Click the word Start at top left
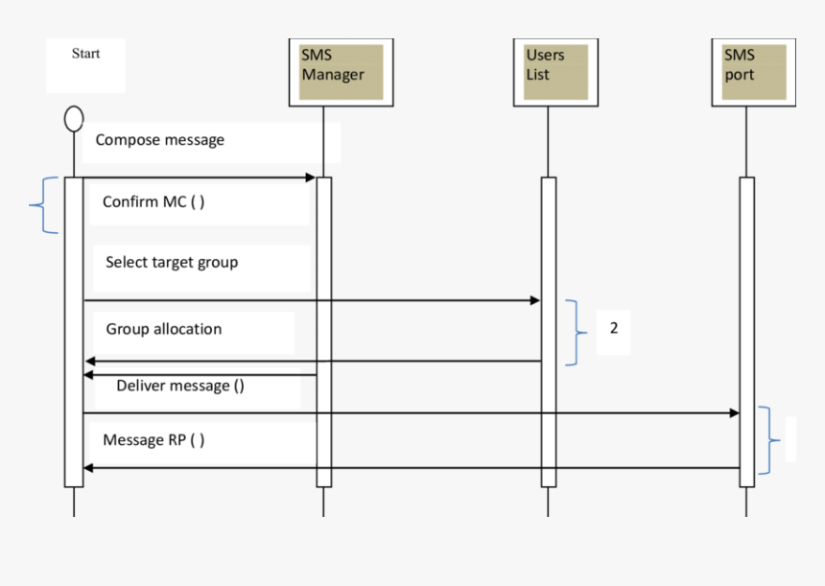[85, 53]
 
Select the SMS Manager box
[341, 72]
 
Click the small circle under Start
[74, 118]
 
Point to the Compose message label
[159, 140]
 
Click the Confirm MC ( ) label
[153, 202]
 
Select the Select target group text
[172, 262]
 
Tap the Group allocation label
[163, 329]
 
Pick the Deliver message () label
[179, 386]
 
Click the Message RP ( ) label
[153, 440]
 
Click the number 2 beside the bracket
[614, 328]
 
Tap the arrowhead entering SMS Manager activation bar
[310, 177]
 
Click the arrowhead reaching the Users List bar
[534, 301]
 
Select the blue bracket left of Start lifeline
[44, 205]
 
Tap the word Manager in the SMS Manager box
[333, 74]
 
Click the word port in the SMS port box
[740, 74]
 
